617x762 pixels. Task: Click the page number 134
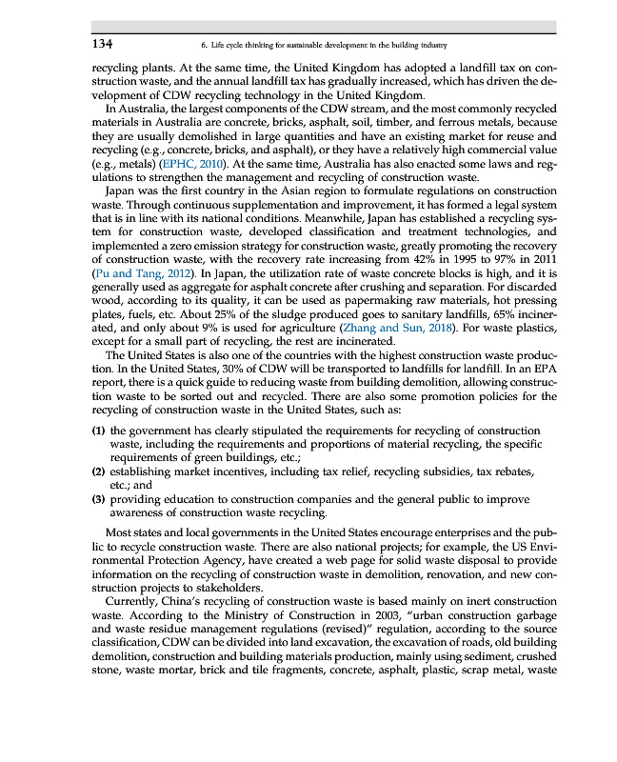pyautogui.click(x=103, y=44)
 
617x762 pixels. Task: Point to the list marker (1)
pyautogui.click(x=98, y=431)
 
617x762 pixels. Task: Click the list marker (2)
pyautogui.click(x=98, y=471)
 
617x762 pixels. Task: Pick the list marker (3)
pyautogui.click(x=98, y=498)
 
